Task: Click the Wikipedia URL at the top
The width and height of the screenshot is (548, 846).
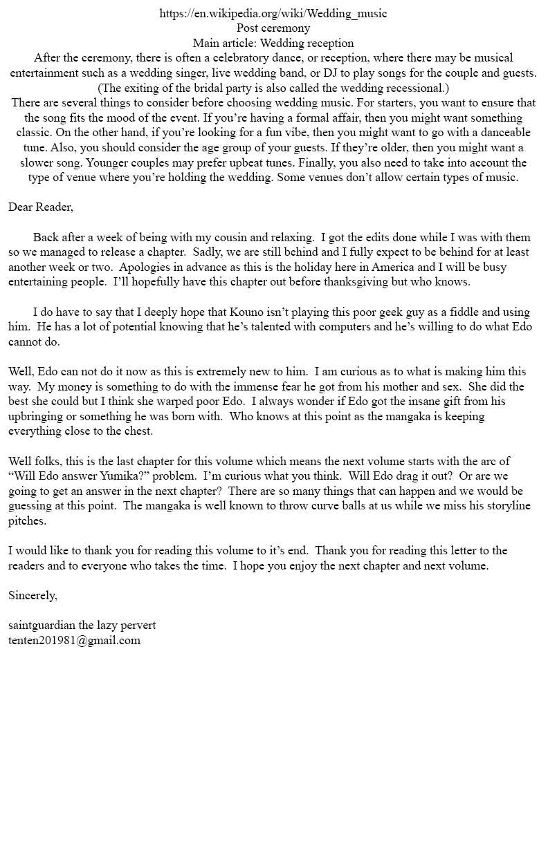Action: (x=273, y=13)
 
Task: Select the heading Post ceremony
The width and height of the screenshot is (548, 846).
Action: (x=273, y=28)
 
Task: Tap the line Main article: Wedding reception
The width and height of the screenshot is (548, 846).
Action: (x=273, y=43)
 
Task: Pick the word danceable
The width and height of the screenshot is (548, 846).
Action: (x=494, y=132)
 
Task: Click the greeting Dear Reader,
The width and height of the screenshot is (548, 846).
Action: (x=40, y=207)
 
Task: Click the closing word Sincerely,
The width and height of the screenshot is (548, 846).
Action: (x=33, y=595)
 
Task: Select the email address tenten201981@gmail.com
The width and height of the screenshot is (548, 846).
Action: (x=74, y=640)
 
